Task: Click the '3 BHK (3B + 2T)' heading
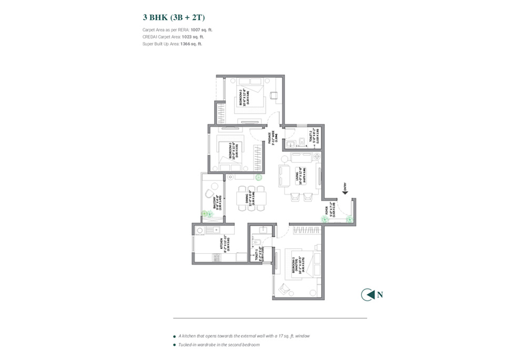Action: click(x=169, y=17)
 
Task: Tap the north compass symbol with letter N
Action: click(x=367, y=295)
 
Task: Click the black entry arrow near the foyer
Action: click(x=345, y=192)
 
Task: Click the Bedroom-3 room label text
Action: click(x=231, y=149)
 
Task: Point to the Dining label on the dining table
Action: click(x=248, y=198)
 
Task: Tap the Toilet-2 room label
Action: click(x=312, y=137)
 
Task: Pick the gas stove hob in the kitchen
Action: click(x=199, y=230)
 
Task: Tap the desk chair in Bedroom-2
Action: click(x=274, y=95)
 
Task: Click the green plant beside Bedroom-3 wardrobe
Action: click(x=259, y=178)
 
